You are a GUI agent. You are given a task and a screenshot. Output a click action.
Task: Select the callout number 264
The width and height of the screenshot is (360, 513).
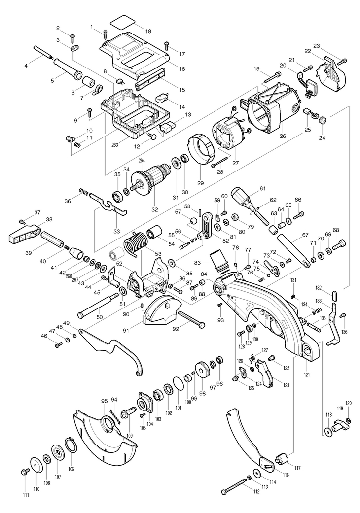pos(142,160)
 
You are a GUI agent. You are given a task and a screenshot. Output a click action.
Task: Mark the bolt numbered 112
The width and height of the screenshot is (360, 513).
pos(236,488)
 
